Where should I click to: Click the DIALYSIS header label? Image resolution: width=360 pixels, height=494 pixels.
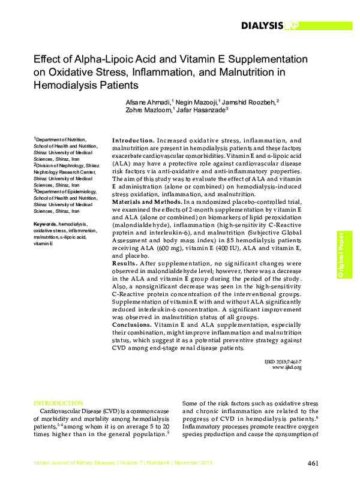tap(262, 25)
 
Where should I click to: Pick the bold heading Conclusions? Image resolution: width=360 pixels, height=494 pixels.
tap(133, 324)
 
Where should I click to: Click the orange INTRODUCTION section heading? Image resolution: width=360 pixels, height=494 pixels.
tap(58, 403)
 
